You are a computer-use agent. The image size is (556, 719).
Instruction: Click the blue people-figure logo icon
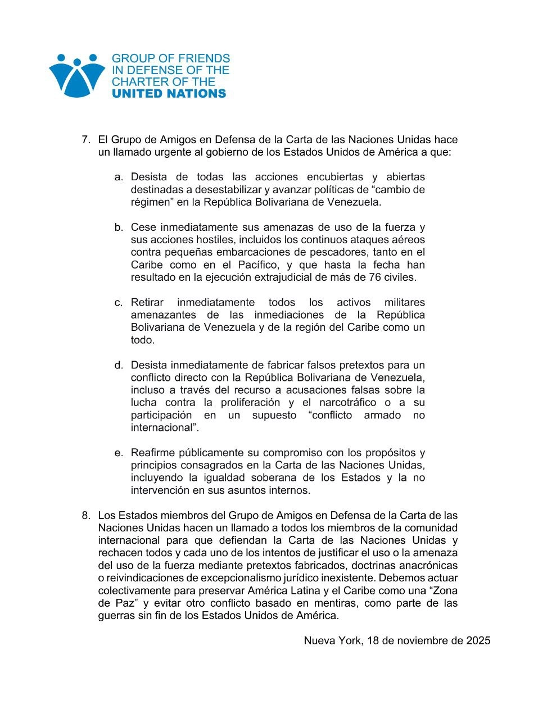pyautogui.click(x=77, y=75)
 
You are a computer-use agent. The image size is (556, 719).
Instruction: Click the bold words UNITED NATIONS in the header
pyautogui.click(x=169, y=94)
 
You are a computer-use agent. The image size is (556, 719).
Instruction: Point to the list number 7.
pyautogui.click(x=86, y=140)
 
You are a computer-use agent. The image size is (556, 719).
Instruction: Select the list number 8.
pyautogui.click(x=86, y=516)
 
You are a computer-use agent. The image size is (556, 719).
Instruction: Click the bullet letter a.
pyautogui.click(x=118, y=178)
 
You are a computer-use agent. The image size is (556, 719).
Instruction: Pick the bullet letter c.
pyautogui.click(x=118, y=303)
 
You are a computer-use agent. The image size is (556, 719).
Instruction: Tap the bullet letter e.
pyautogui.click(x=118, y=453)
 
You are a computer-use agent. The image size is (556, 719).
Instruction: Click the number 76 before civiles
pyautogui.click(x=375, y=277)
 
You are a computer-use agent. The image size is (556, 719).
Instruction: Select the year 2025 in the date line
pyautogui.click(x=478, y=641)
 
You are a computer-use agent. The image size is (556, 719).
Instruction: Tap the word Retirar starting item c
pyautogui.click(x=147, y=303)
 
